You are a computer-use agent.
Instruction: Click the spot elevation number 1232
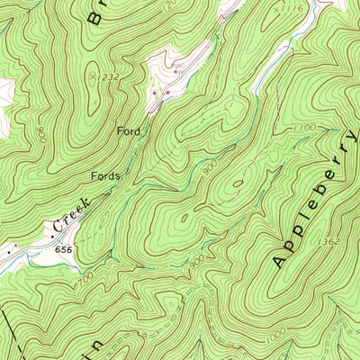tap(107, 78)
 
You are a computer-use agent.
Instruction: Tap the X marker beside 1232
tap(93, 77)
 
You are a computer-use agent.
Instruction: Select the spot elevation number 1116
tap(291, 7)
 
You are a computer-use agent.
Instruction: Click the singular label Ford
tap(129, 131)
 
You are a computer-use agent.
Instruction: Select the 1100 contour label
tap(303, 130)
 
